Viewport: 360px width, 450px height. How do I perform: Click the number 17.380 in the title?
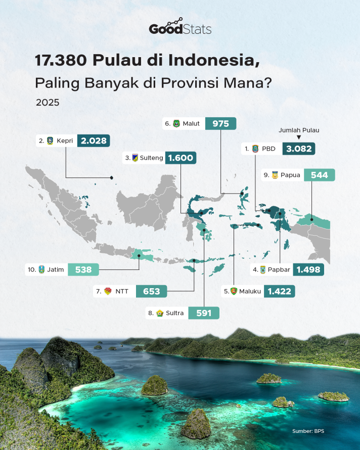[x=61, y=60]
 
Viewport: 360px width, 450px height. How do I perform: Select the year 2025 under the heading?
[x=48, y=103]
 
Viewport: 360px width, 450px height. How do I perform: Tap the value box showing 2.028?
[x=94, y=141]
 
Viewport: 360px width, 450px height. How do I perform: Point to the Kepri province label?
[x=65, y=141]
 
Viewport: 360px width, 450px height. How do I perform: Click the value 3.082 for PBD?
[x=299, y=149]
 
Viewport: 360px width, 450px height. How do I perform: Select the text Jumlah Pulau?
[x=299, y=130]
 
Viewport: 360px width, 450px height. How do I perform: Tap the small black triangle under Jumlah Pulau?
[x=299, y=137]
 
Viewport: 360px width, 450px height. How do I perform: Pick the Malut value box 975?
[x=220, y=123]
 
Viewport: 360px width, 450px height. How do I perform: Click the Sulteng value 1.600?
[x=181, y=158]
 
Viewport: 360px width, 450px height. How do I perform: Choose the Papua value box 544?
[x=320, y=175]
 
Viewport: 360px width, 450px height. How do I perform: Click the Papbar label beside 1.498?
[x=279, y=269]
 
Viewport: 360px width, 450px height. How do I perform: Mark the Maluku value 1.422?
[x=280, y=291]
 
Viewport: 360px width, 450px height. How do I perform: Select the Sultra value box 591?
[x=204, y=313]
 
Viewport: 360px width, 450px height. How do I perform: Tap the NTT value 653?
[x=151, y=291]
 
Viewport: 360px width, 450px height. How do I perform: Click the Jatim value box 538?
[x=83, y=269]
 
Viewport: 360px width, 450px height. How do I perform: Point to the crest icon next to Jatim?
[x=41, y=269]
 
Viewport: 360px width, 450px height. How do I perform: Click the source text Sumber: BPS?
[x=308, y=431]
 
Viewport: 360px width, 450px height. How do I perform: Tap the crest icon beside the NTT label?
[x=108, y=291]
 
